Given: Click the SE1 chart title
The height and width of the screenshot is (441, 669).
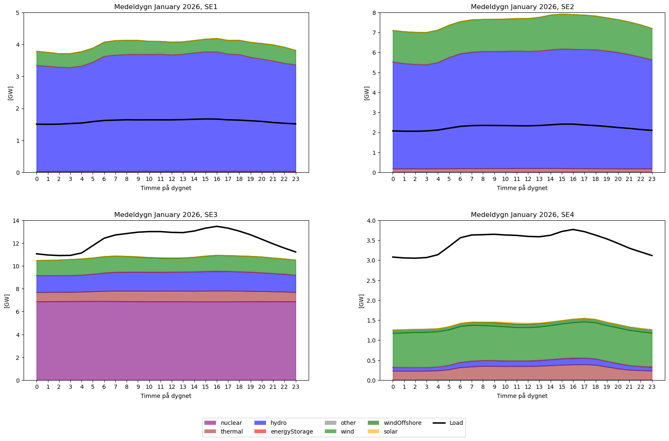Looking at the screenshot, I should coord(166,7).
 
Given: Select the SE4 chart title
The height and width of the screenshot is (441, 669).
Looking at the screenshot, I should coord(522,215).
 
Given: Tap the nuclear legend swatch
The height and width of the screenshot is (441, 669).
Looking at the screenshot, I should coord(210,423).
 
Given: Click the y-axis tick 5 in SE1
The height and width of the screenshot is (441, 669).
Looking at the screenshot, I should coord(17,13).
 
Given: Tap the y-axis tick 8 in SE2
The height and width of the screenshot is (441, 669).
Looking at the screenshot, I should coord(374,13).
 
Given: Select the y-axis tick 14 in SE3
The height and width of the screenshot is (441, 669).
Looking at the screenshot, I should coord(16,221).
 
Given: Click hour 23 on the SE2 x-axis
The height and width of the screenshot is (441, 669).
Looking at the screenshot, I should coord(652,179).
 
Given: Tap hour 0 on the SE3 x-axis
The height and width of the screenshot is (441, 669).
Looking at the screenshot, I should coord(37,387).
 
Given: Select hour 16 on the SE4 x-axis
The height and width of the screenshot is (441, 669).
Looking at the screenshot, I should coord(573,387).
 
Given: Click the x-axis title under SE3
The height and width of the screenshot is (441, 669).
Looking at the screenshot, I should coord(166,396).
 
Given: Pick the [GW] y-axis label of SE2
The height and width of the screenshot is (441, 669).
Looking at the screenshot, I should coord(367,93).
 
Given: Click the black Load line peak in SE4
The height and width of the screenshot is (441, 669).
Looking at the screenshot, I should coord(573,229).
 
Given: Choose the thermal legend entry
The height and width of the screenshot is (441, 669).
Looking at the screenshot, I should coord(232,431).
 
